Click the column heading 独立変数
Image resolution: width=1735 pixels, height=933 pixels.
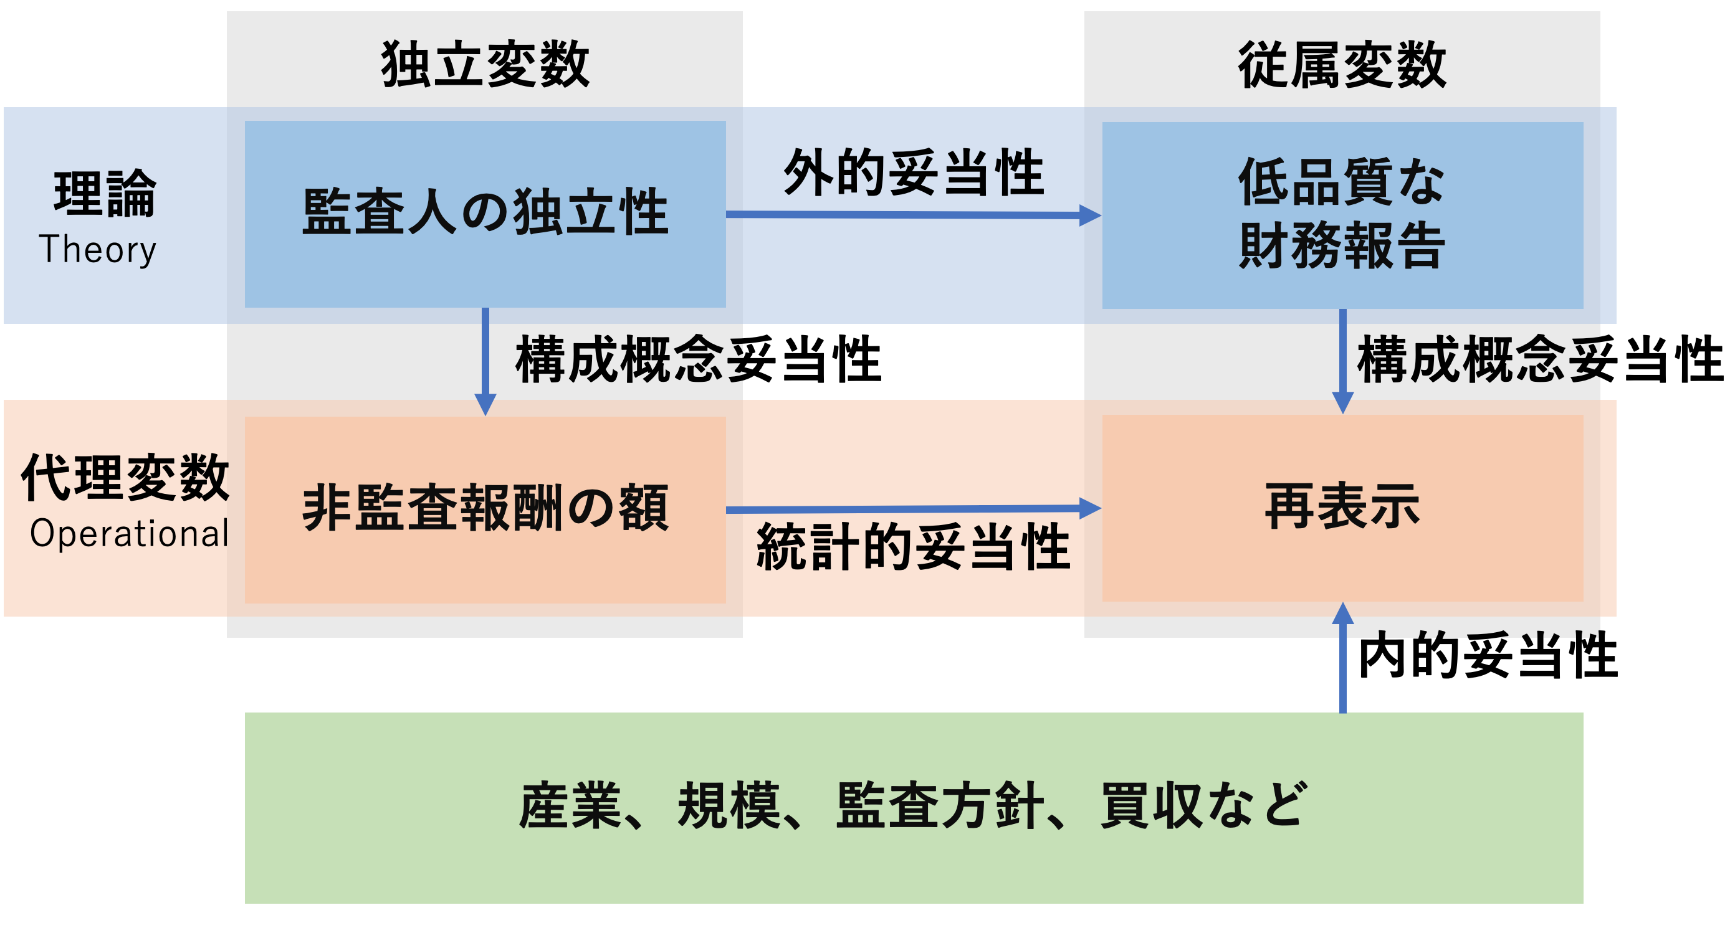(x=485, y=65)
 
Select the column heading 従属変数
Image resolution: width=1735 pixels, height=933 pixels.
(x=1342, y=65)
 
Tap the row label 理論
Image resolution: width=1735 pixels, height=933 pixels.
(x=105, y=194)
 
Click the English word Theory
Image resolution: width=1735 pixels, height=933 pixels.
(x=98, y=250)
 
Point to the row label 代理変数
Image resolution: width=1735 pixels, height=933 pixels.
(x=125, y=477)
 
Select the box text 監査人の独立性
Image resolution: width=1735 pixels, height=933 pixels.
(x=485, y=213)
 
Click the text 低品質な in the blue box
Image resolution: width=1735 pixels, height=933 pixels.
(x=1342, y=182)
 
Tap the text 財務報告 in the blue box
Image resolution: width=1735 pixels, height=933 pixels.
(x=1342, y=247)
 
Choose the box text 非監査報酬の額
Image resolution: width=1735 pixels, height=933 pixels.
(x=485, y=508)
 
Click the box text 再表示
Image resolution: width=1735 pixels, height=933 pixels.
(x=1342, y=506)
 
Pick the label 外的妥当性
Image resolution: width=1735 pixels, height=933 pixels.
(x=913, y=174)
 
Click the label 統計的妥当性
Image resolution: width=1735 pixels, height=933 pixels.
(x=913, y=547)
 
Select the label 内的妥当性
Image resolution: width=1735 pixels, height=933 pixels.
(x=1487, y=656)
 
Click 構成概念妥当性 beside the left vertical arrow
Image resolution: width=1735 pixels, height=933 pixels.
(x=698, y=360)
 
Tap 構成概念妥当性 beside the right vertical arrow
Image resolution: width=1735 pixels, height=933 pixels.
(x=1540, y=360)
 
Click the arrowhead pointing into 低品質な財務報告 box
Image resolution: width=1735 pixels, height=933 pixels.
(x=1090, y=215)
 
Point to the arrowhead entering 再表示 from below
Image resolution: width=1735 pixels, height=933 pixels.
(x=1342, y=613)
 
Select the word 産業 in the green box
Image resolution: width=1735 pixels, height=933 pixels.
(x=570, y=806)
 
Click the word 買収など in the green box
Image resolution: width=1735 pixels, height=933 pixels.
(x=1203, y=806)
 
